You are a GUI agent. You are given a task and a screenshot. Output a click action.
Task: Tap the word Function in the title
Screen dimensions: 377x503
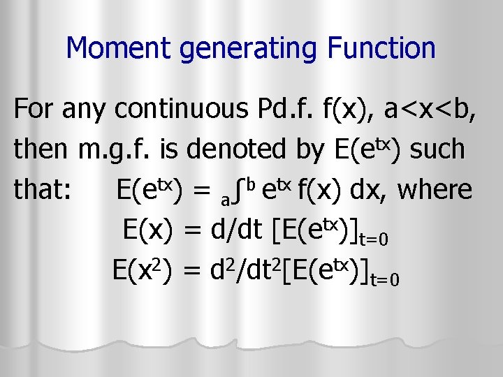pyautogui.click(x=384, y=48)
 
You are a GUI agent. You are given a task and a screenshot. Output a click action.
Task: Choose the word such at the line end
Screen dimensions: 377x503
pyautogui.click(x=438, y=149)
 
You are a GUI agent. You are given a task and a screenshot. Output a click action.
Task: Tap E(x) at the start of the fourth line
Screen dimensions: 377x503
pyautogui.click(x=147, y=229)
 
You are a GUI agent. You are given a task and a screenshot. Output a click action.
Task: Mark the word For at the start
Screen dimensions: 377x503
pyautogui.click(x=32, y=109)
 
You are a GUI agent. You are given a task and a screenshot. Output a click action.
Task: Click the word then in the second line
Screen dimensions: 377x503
pyautogui.click(x=39, y=149)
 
